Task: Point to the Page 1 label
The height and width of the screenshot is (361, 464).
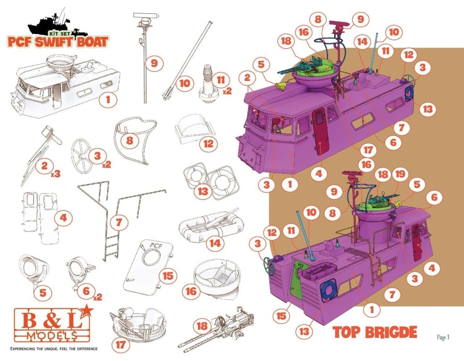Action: [x=443, y=337]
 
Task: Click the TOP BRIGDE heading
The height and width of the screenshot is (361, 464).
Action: [x=375, y=332]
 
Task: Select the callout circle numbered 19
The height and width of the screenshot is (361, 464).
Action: [x=400, y=174]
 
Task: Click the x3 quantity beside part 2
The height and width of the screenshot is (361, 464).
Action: [x=56, y=174]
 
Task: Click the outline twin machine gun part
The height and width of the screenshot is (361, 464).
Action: [x=216, y=330]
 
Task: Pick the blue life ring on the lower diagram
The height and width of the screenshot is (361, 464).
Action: [x=328, y=290]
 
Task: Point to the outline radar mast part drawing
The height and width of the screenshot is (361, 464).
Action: [x=145, y=58]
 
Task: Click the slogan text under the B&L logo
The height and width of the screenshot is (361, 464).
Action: [x=54, y=349]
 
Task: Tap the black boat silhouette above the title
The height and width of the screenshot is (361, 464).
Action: [x=58, y=24]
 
